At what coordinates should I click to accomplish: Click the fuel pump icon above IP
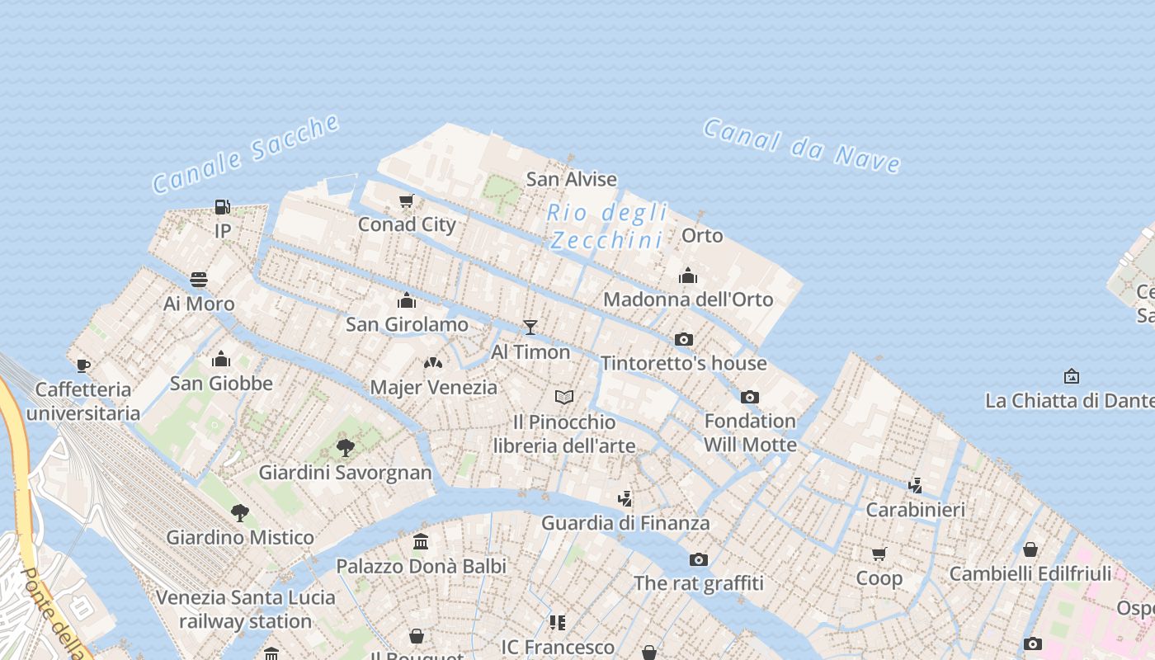(222, 206)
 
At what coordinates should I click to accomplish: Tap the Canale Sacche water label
(246, 154)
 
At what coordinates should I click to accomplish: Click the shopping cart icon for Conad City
(407, 200)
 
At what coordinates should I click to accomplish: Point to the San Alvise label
(571, 179)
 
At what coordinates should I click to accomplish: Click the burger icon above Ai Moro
(199, 280)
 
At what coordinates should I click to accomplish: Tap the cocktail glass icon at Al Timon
(530, 328)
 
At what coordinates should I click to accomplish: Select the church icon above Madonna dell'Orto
(688, 276)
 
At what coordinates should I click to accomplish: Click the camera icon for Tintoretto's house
(683, 339)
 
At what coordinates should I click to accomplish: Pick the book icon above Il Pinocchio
(564, 398)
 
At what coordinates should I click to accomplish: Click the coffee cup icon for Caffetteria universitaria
(82, 365)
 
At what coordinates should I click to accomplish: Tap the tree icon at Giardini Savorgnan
(346, 448)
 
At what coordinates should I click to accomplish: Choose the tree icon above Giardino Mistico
(240, 513)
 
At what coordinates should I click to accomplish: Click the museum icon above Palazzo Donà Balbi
(421, 542)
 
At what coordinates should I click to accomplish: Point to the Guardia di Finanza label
(625, 523)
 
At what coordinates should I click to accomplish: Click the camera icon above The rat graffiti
(699, 559)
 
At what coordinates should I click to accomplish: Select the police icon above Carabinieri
(915, 485)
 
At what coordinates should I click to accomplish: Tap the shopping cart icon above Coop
(879, 554)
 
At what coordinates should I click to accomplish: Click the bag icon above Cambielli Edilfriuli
(1030, 549)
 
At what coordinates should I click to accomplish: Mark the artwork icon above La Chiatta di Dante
(1071, 376)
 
